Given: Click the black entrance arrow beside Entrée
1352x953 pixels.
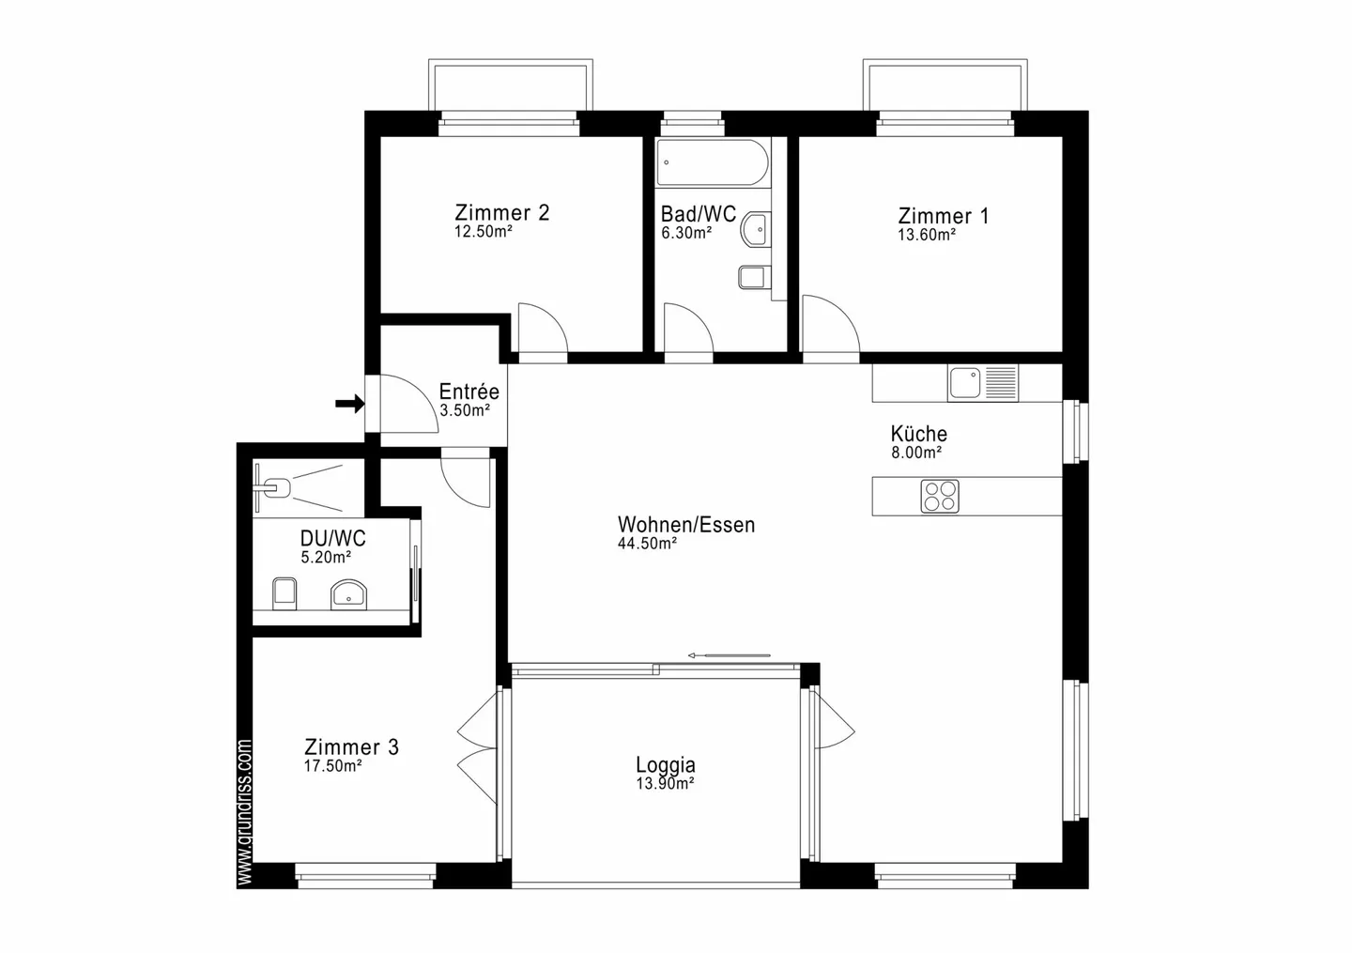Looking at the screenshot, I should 349,404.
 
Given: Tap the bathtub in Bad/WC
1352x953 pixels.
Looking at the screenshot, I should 713,163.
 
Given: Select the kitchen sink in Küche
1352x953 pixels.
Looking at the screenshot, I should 964,383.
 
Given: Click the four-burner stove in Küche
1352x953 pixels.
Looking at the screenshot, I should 940,496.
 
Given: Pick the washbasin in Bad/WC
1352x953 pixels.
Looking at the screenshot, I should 755,228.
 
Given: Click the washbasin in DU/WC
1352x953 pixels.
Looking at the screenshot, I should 348,594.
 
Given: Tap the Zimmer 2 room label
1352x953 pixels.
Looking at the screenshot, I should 501,212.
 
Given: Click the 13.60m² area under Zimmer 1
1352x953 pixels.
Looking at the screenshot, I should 926,236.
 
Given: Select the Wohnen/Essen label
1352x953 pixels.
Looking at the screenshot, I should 685,525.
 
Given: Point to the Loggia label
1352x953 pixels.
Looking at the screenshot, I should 665,765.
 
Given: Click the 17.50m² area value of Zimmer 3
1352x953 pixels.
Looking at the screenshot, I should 332,766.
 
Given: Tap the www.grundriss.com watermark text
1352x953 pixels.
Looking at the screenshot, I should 245,813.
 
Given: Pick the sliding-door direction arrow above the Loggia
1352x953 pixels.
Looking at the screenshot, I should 729,655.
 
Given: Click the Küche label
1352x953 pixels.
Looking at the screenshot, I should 918,434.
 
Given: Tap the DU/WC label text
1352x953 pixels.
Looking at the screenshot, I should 332,539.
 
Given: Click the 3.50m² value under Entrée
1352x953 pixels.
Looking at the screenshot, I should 464,410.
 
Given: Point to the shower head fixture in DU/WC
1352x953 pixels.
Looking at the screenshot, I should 275,487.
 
